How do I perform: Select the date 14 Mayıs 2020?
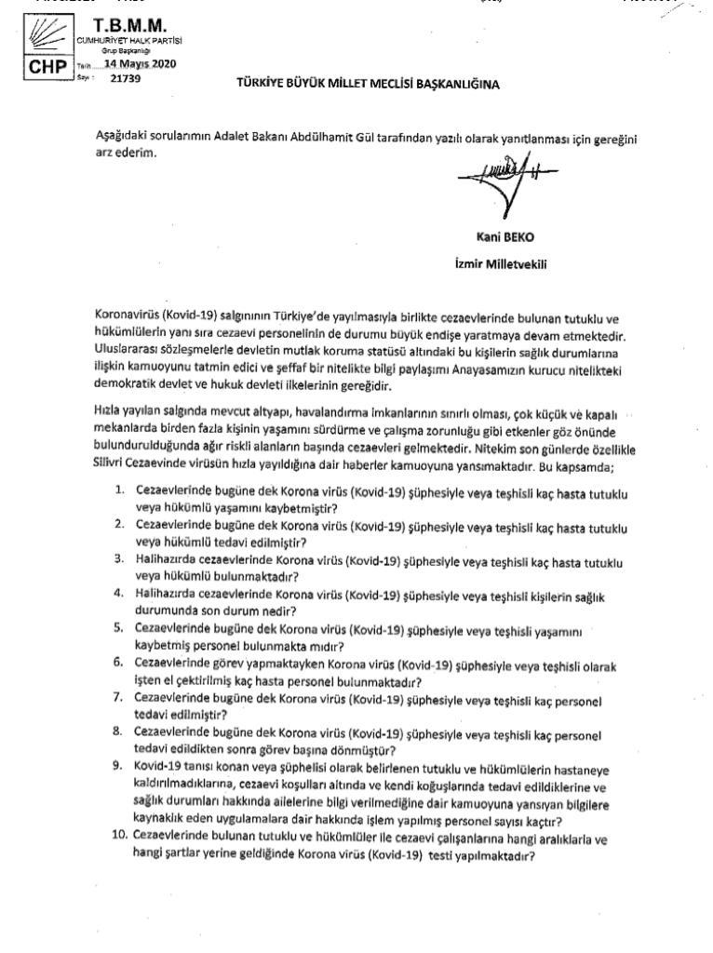click(139, 64)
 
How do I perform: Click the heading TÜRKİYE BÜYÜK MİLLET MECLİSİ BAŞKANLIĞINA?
click(368, 85)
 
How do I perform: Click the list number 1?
click(120, 490)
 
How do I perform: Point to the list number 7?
click(119, 696)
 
